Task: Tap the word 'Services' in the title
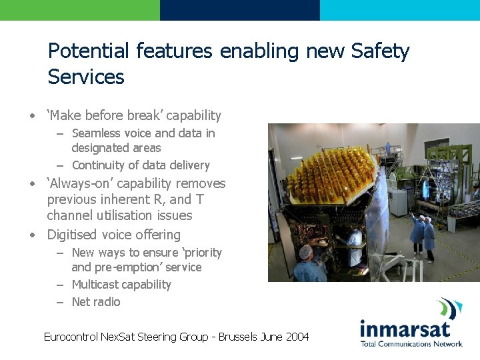tap(86, 77)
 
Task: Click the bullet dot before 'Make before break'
tap(31, 116)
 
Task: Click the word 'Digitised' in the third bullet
tap(73, 235)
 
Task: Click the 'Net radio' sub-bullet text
tap(96, 302)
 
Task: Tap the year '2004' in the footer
tap(297, 337)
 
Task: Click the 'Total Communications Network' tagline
tap(411, 344)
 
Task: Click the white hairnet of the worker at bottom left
tap(305, 253)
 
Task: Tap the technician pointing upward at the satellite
tap(418, 230)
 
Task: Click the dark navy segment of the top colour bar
tap(239, 10)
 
